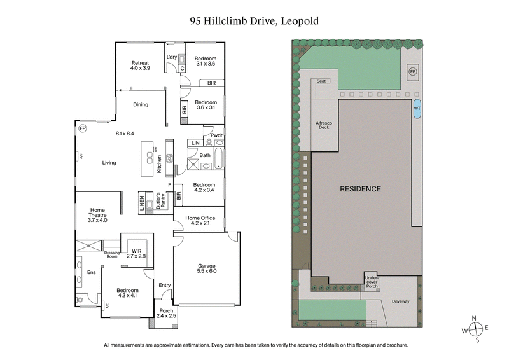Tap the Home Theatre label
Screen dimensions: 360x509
coord(97,215)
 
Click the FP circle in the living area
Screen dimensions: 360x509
coord(81,128)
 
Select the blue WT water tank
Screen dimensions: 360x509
coord(417,108)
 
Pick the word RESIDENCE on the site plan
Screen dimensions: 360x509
coord(360,189)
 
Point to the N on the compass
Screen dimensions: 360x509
coord(474,318)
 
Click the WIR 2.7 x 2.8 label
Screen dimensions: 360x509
coord(137,253)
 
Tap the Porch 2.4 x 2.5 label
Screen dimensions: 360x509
coord(166,314)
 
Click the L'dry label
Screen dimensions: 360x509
coord(171,57)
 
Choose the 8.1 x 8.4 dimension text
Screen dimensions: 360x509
coord(125,134)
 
